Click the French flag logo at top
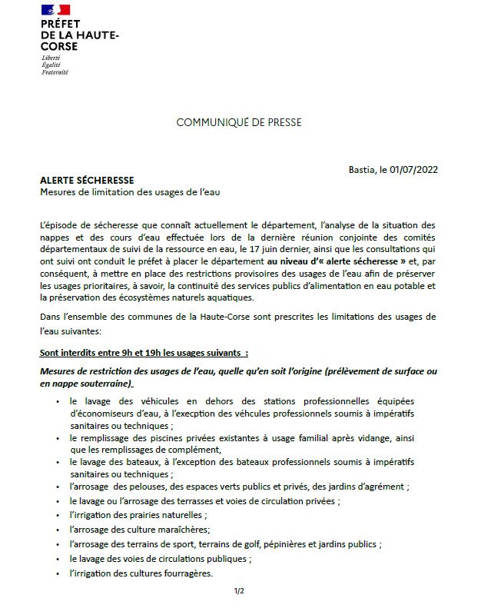55,10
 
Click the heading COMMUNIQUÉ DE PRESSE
239,122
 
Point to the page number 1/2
238,590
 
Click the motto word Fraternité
55,72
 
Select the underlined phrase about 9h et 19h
144,353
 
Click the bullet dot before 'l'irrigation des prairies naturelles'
59,516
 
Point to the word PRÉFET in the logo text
61,25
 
